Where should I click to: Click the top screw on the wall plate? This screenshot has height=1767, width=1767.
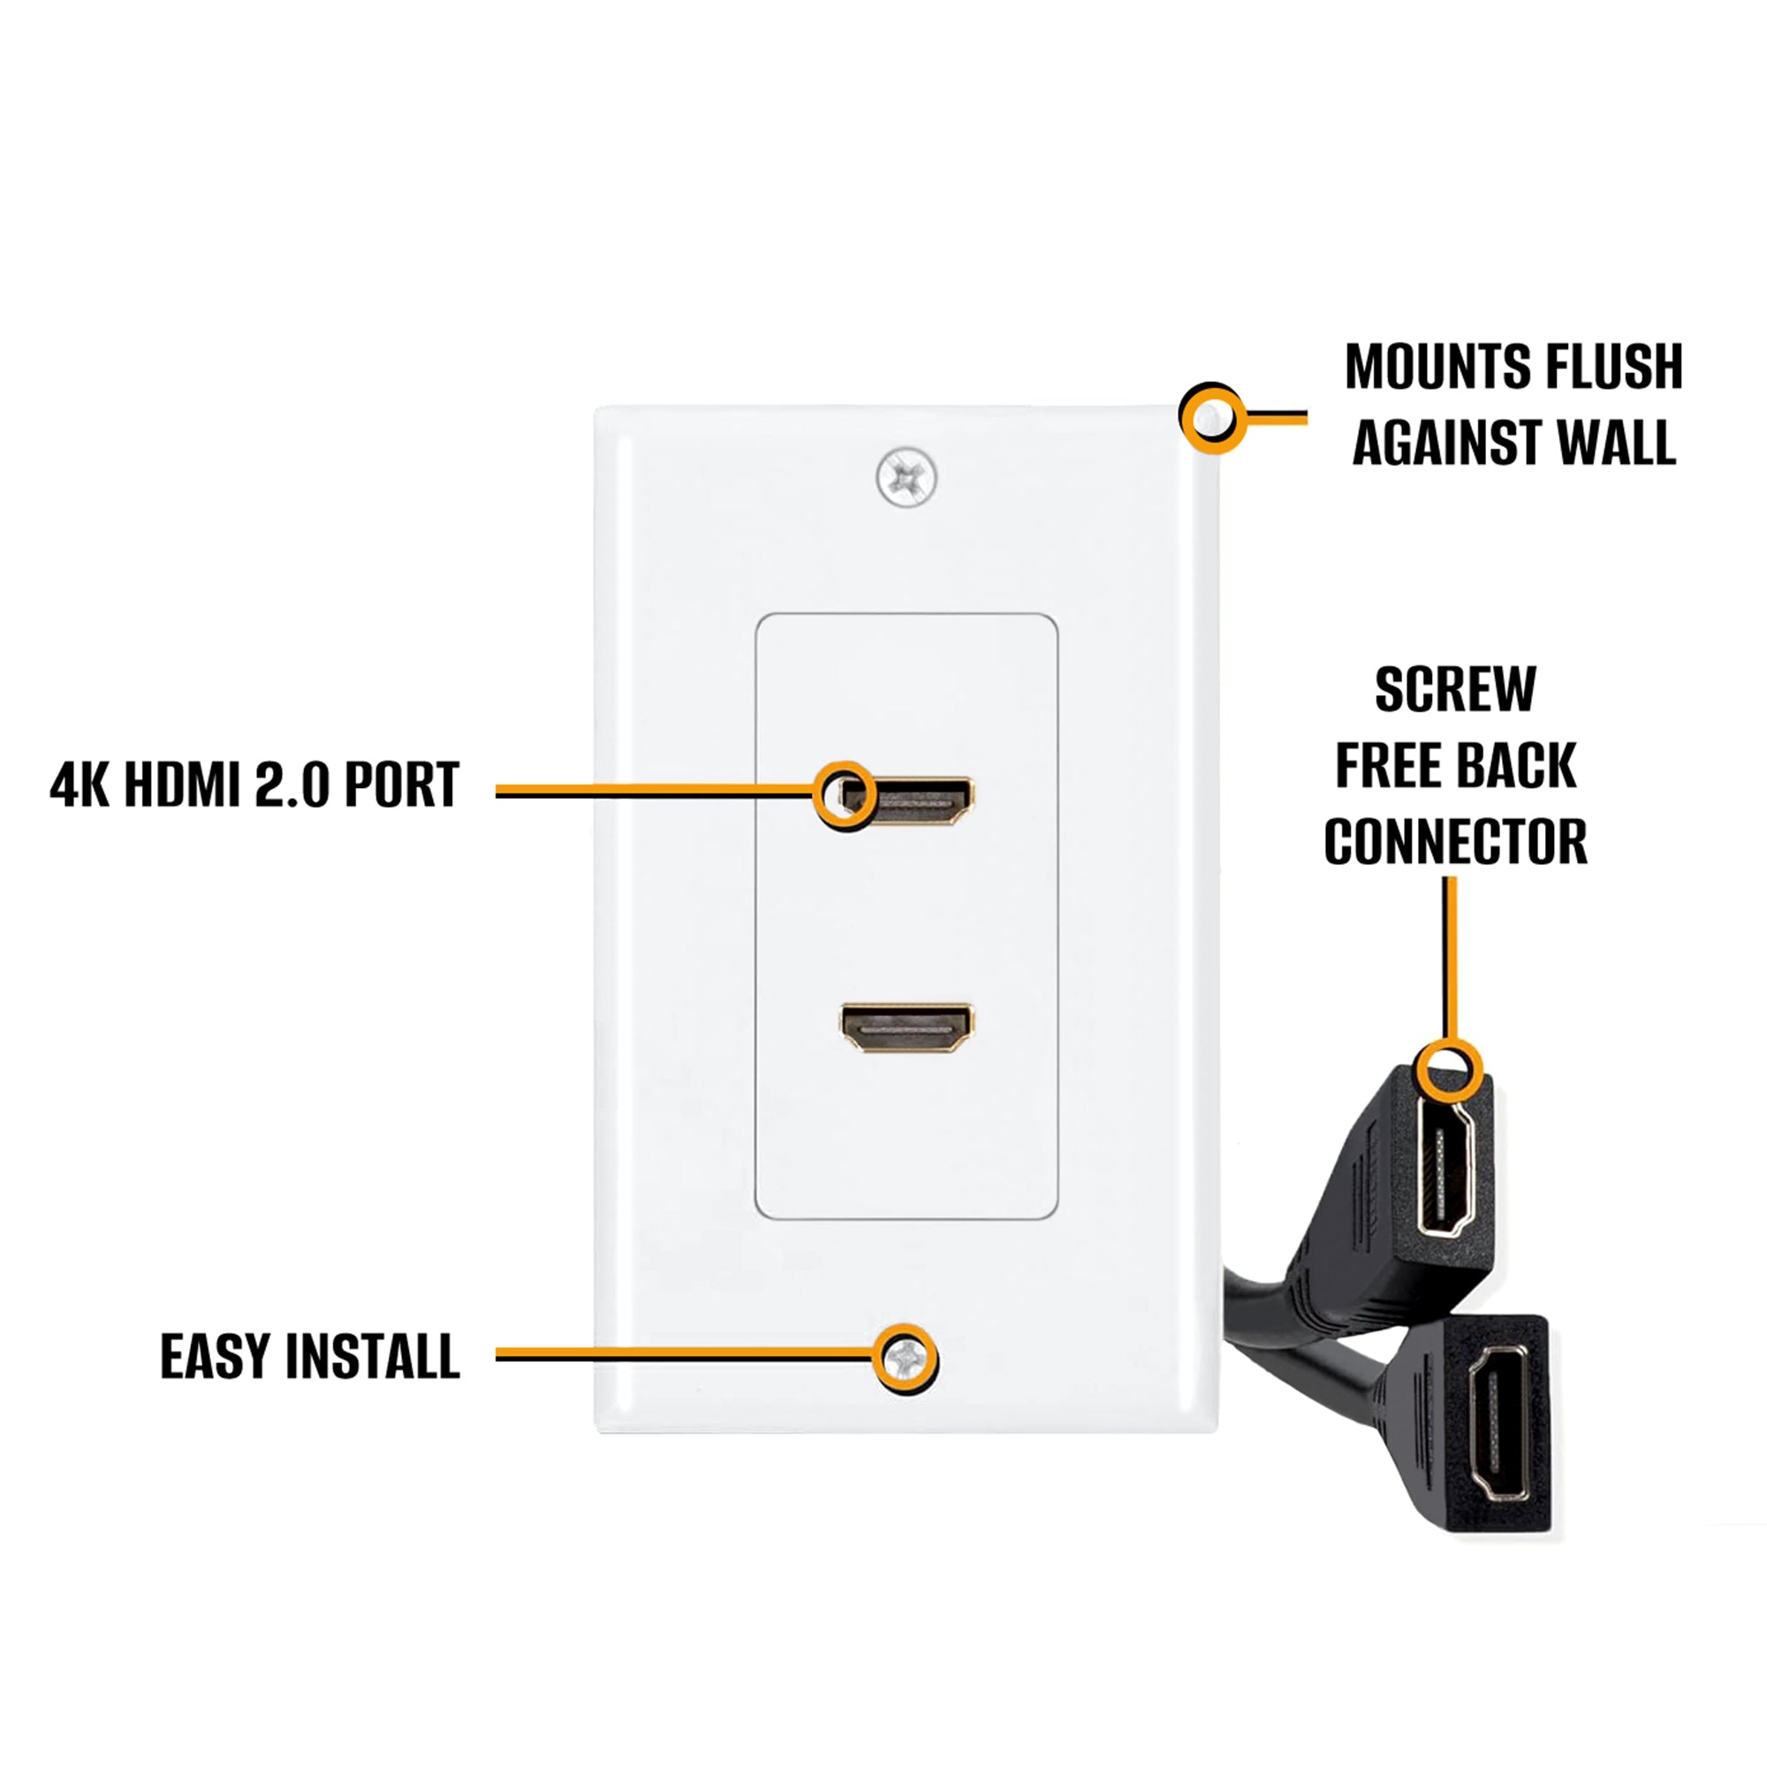pyautogui.click(x=906, y=476)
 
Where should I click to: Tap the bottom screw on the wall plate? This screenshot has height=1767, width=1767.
pyautogui.click(x=905, y=1359)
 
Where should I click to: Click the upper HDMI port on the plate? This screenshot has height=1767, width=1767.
pyautogui.click(x=907, y=800)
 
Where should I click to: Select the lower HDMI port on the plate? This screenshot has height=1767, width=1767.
pyautogui.click(x=907, y=1028)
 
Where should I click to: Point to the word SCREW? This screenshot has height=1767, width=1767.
pyautogui.click(x=1455, y=690)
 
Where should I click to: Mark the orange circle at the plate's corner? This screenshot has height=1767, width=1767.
pyautogui.click(x=1212, y=418)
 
